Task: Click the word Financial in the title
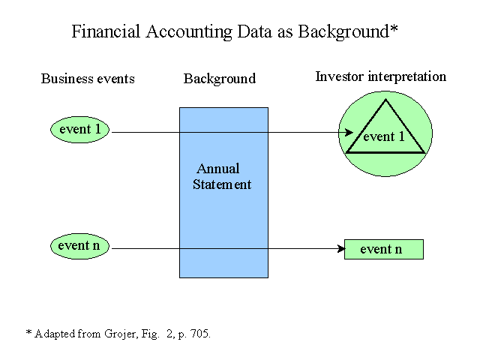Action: (106, 31)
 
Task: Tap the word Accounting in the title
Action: (189, 32)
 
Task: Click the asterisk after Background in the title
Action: (394, 28)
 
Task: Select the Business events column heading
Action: (88, 79)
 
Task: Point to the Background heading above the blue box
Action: (220, 79)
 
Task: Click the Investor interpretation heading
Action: (381, 76)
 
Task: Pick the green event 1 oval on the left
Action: (80, 130)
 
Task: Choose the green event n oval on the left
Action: (79, 246)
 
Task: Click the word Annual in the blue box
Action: (218, 169)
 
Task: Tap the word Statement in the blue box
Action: (222, 184)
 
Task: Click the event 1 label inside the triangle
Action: (384, 136)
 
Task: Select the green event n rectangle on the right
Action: (384, 250)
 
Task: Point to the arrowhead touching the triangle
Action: (349, 132)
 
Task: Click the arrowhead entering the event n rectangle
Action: (340, 248)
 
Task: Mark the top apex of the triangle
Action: (385, 99)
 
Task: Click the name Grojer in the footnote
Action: (120, 334)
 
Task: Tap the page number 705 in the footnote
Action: (199, 333)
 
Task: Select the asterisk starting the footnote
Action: (28, 331)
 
